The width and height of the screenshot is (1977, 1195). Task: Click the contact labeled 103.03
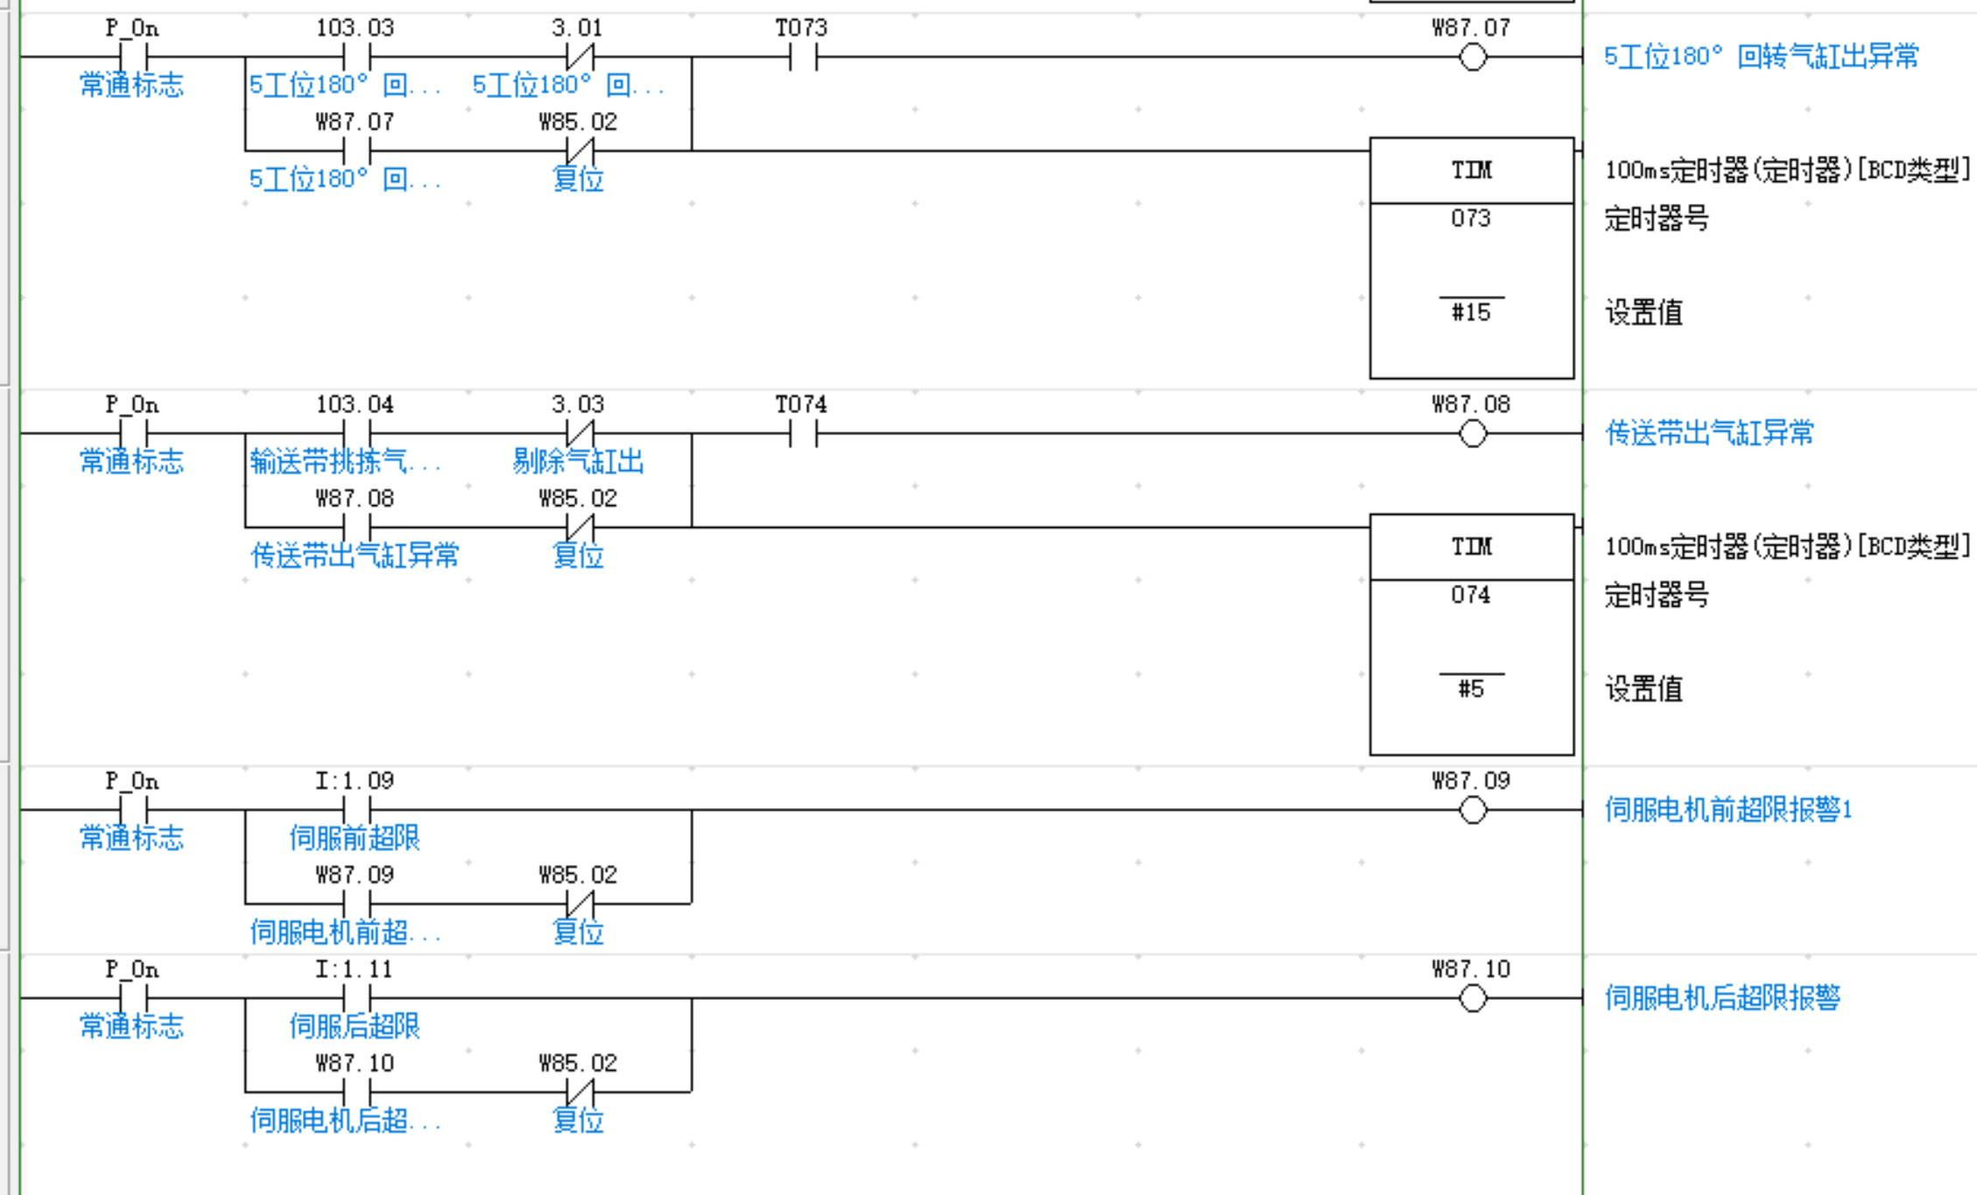(356, 58)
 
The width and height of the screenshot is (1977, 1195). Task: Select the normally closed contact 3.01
(580, 58)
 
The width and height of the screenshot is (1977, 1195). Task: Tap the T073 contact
(803, 58)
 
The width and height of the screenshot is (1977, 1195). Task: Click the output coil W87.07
(1473, 58)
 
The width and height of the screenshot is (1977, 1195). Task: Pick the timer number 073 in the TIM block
(1471, 218)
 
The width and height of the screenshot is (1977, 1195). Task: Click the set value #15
(1471, 313)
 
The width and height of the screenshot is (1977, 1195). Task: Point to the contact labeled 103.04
(356, 433)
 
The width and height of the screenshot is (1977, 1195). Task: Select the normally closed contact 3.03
(580, 433)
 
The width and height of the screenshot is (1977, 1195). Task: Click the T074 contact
(803, 433)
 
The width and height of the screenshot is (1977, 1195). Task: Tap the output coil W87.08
(1473, 433)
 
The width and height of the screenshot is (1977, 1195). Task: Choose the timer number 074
(1471, 595)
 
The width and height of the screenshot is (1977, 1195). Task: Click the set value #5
(1471, 689)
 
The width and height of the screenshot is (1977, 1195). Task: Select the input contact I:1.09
(356, 810)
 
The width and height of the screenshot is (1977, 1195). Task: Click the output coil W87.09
(1473, 810)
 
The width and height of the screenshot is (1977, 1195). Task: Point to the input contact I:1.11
(356, 998)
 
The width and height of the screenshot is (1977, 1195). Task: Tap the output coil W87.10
(1473, 998)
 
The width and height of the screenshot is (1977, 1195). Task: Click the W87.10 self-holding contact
(356, 1092)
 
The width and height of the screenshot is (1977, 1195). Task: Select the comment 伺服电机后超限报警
(1722, 998)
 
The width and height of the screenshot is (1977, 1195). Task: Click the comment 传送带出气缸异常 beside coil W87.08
(1709, 433)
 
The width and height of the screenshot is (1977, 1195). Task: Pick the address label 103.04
(355, 404)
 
